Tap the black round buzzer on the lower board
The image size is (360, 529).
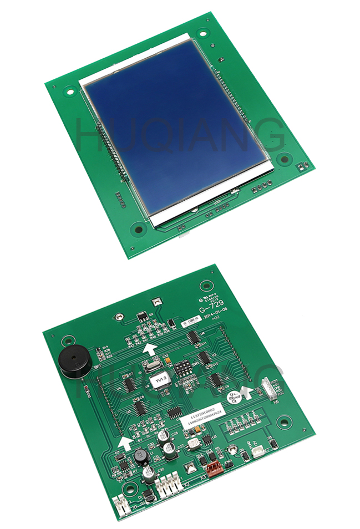click(72, 363)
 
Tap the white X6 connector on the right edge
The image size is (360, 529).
click(268, 388)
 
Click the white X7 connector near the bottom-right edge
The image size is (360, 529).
click(258, 452)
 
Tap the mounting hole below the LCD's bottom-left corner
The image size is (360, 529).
click(136, 228)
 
